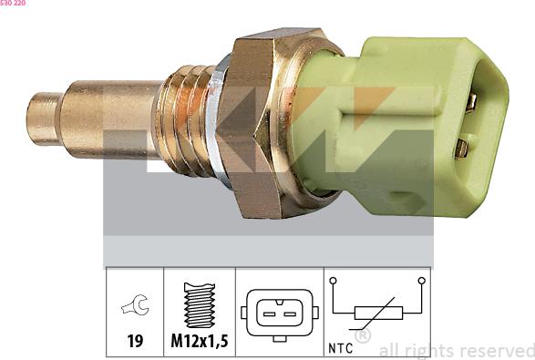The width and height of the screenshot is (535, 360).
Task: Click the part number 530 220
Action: pyautogui.click(x=13, y=4)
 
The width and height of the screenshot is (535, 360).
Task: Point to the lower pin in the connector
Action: pyautogui.click(x=463, y=146)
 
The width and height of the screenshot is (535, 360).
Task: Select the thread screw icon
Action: pyautogui.click(x=199, y=305)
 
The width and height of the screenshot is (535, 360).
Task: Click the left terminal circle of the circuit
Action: pyautogui.click(x=334, y=282)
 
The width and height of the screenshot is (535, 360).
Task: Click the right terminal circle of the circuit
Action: pyautogui.click(x=421, y=282)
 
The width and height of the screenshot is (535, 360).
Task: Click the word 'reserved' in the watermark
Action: pyautogui.click(x=497, y=350)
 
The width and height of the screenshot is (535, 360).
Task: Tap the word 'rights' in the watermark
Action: pyautogui.click(x=431, y=350)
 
